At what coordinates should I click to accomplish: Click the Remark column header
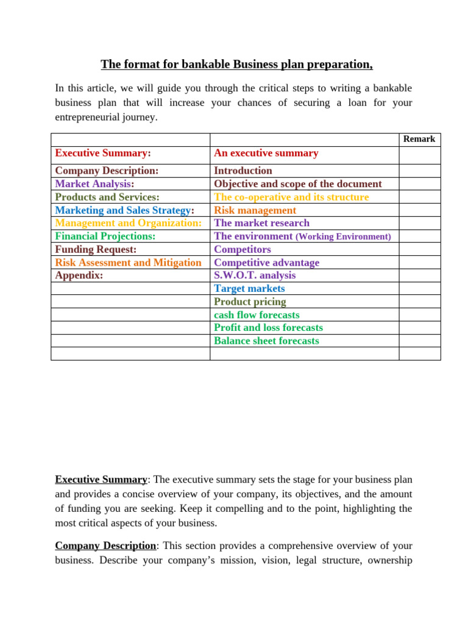pyautogui.click(x=419, y=139)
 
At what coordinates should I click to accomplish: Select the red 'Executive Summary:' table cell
pyautogui.click(x=103, y=153)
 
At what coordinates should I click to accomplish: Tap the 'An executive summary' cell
pyautogui.click(x=266, y=153)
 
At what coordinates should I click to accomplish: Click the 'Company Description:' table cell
pyautogui.click(x=107, y=171)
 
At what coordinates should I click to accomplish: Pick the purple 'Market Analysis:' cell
pyautogui.click(x=94, y=183)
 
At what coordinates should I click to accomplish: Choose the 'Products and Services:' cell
pyautogui.click(x=107, y=197)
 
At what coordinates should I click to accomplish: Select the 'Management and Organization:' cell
pyautogui.click(x=128, y=223)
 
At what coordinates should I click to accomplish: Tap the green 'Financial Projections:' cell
pyautogui.click(x=105, y=236)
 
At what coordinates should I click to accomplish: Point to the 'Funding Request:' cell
pyautogui.click(x=96, y=249)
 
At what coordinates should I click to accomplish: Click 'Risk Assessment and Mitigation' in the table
pyautogui.click(x=128, y=263)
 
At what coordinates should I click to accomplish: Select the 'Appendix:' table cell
pyautogui.click(x=79, y=275)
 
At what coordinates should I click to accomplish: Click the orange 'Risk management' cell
pyautogui.click(x=255, y=210)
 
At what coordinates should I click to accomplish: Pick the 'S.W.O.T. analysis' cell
pyautogui.click(x=254, y=275)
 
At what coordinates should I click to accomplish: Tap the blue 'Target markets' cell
pyautogui.click(x=249, y=288)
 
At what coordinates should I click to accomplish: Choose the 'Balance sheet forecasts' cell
pyautogui.click(x=266, y=341)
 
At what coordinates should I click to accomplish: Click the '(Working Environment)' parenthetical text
pyautogui.click(x=343, y=236)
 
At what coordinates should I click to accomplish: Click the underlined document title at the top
pyautogui.click(x=236, y=65)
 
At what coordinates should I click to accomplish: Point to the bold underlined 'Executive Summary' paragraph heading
pyautogui.click(x=101, y=480)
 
